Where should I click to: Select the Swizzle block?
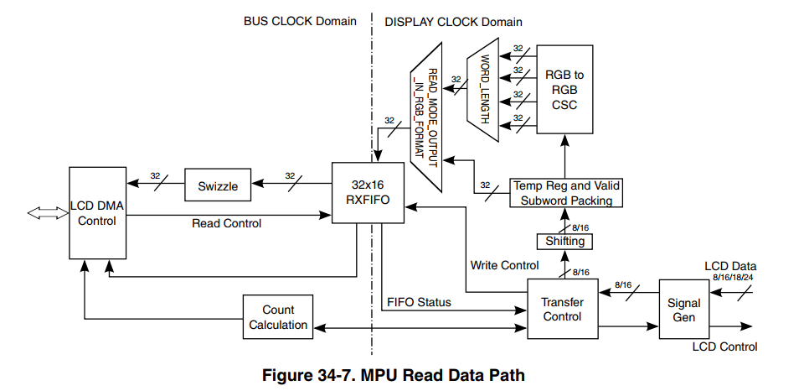(x=219, y=186)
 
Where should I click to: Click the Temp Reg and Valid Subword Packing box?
(x=565, y=193)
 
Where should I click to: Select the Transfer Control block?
(x=562, y=310)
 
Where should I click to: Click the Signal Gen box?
(x=683, y=310)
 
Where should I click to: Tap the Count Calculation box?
(x=278, y=317)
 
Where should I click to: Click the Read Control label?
(x=226, y=223)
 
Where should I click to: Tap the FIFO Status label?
(x=419, y=302)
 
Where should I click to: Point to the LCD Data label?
(x=730, y=266)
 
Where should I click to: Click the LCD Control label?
(x=724, y=347)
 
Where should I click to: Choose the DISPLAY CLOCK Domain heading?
(x=453, y=21)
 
